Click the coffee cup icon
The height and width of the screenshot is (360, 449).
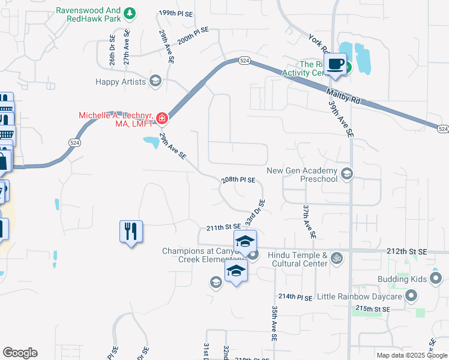336,64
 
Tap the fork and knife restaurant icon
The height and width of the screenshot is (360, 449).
131,230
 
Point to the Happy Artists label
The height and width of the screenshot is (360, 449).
121,81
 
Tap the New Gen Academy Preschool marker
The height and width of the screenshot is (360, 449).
346,174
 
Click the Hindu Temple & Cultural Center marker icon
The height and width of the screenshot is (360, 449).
337,259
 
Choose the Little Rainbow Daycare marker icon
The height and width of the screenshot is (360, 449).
411,296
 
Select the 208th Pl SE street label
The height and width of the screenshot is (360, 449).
238,180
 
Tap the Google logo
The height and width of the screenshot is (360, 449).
20,353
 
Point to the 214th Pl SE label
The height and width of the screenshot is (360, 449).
295,297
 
